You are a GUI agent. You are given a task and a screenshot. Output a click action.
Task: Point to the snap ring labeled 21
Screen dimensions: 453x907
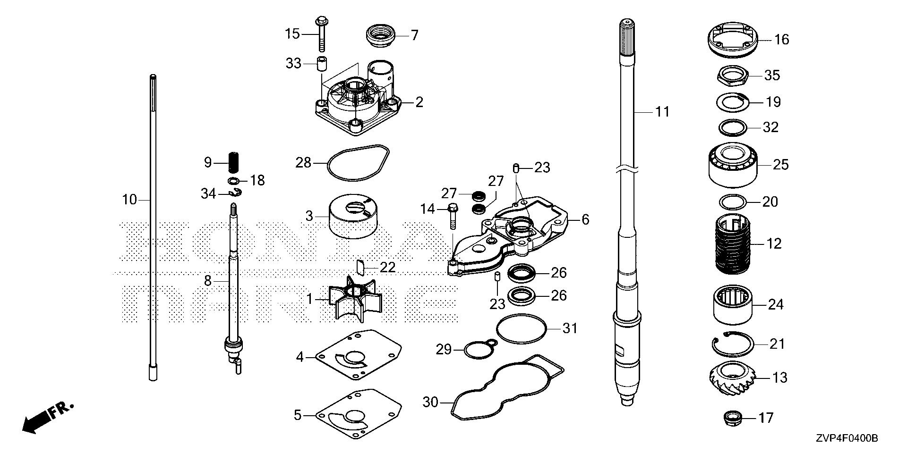pos(732,344)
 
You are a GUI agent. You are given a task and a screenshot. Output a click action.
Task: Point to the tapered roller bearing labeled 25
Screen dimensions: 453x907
pos(733,165)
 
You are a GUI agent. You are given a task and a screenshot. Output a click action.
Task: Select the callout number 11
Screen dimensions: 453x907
pos(662,112)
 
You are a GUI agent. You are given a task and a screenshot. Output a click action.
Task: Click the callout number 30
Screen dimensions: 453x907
pos(430,403)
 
